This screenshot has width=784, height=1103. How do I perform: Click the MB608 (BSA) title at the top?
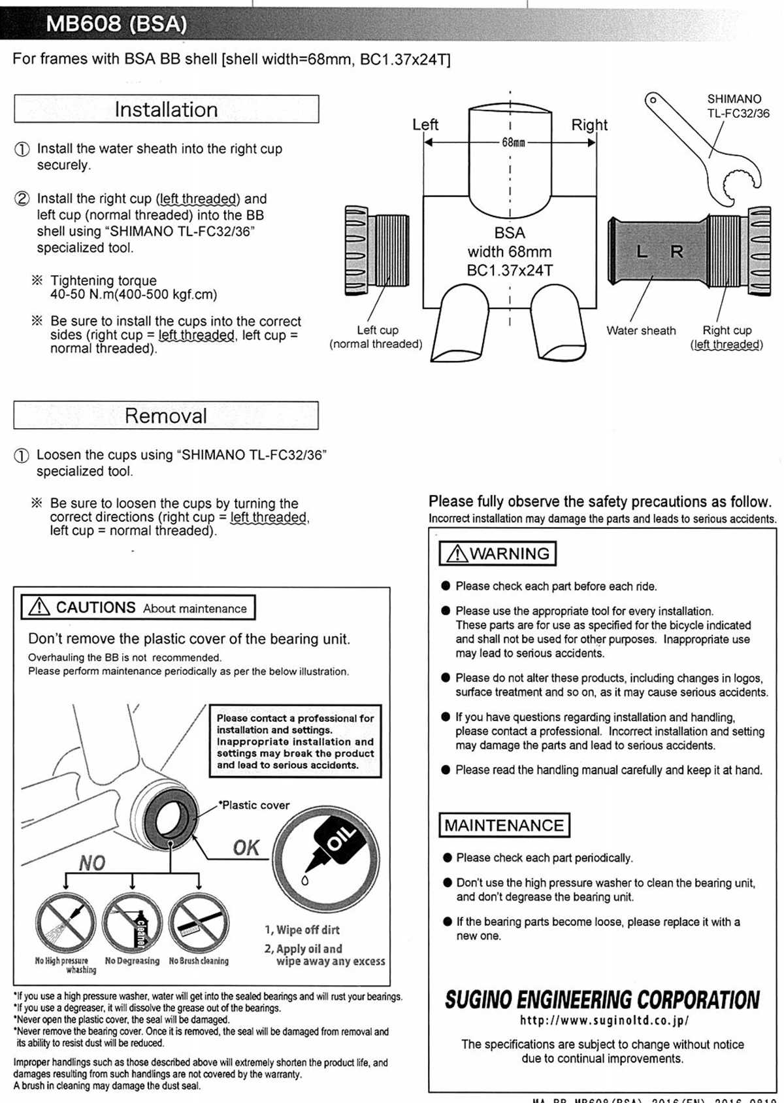pos(116,24)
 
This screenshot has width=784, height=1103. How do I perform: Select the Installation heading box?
pos(166,109)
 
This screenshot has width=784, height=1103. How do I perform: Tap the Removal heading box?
pos(166,416)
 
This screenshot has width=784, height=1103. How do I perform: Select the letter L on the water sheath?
pos(642,252)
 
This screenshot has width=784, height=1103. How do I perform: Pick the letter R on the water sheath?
pos(677,252)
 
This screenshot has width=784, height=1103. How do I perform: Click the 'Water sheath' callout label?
pos(641,330)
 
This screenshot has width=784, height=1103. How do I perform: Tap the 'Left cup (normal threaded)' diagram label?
pos(376,337)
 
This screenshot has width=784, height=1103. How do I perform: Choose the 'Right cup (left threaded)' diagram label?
pos(727,337)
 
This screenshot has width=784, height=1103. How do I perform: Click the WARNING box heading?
pos(498,554)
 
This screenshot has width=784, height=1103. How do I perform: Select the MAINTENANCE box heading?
pos(504,825)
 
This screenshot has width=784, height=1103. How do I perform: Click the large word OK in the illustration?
pos(246,848)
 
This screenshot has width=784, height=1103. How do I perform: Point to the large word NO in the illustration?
pos(92,864)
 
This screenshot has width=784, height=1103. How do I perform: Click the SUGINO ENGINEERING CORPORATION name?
pos(602,1000)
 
